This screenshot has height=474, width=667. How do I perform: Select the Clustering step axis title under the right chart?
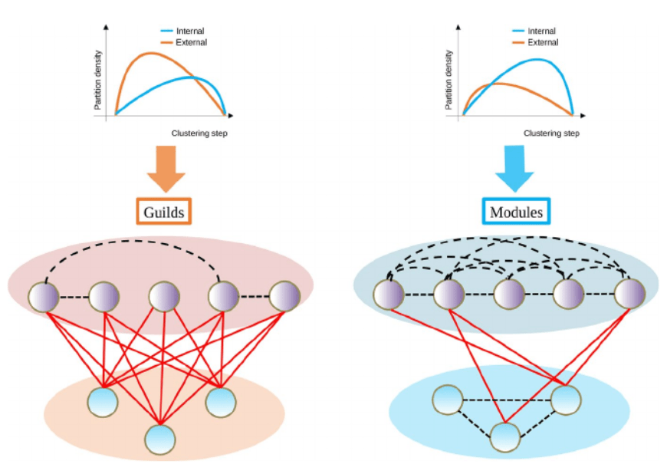(x=551, y=133)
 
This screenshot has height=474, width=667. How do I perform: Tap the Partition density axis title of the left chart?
(x=98, y=80)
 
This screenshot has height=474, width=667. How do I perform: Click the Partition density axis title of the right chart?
(x=449, y=80)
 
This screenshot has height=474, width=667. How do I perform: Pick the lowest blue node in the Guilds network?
(x=160, y=438)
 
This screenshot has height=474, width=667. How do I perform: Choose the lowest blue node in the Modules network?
(x=504, y=436)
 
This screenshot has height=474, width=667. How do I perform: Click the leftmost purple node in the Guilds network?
(x=43, y=297)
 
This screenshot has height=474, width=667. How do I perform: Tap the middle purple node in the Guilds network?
(x=164, y=297)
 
